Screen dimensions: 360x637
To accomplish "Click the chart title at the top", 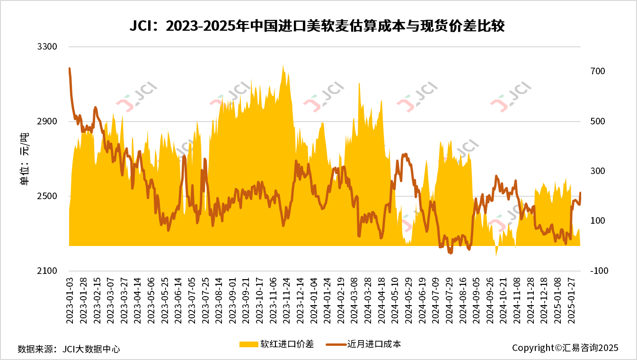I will pos(318,26).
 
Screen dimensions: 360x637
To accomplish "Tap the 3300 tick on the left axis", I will pos(47,47).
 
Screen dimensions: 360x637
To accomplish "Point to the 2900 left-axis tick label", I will pos(47,122).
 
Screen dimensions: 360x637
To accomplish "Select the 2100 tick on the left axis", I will pos(47,271).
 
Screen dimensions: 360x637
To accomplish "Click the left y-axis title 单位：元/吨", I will pos(24,159).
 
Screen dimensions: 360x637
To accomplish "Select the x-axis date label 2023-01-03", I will pos(69,300).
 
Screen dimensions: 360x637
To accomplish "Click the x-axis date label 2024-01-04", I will pos(313,300).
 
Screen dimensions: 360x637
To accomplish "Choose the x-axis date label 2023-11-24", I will pos(286,300).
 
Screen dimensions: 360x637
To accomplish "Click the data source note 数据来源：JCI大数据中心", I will pos(69,349).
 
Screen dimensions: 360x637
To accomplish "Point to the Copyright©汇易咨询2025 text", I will pos(565,348).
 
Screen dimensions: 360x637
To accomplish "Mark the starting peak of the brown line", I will pos(70,69).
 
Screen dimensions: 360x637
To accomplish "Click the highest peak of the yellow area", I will pos(283,65).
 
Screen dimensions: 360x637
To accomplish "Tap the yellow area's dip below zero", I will pos(496,255).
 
